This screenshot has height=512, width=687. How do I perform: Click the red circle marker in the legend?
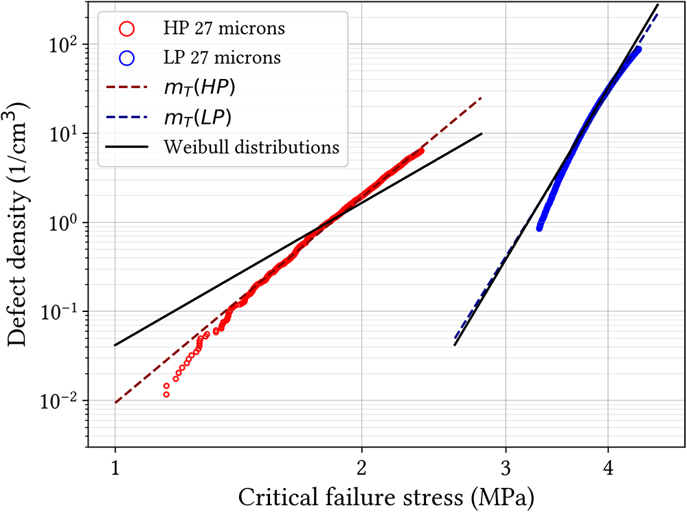pos(128,29)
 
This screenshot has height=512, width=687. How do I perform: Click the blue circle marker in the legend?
pos(128,58)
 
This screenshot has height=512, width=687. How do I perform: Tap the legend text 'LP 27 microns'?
pos(222,58)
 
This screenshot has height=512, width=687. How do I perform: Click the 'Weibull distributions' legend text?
pos(251,147)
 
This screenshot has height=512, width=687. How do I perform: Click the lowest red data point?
pos(166,394)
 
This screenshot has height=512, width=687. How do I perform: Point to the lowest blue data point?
pos(539,227)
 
